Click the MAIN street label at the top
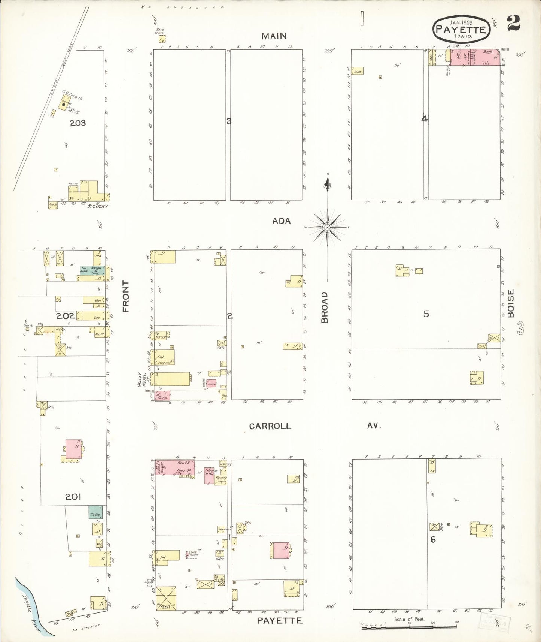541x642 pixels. point(274,36)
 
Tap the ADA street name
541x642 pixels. point(281,221)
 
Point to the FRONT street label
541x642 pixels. point(126,296)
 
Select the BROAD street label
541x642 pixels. point(325,307)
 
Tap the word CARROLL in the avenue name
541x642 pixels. point(270,426)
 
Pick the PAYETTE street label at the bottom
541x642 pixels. point(280,621)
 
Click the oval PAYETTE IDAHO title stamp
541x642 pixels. point(461,29)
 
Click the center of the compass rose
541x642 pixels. point(328,227)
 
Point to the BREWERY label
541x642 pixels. point(98,206)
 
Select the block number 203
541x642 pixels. point(77,123)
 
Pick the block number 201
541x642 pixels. point(73,497)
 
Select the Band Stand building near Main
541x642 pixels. point(162,38)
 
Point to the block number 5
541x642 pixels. point(426,314)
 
